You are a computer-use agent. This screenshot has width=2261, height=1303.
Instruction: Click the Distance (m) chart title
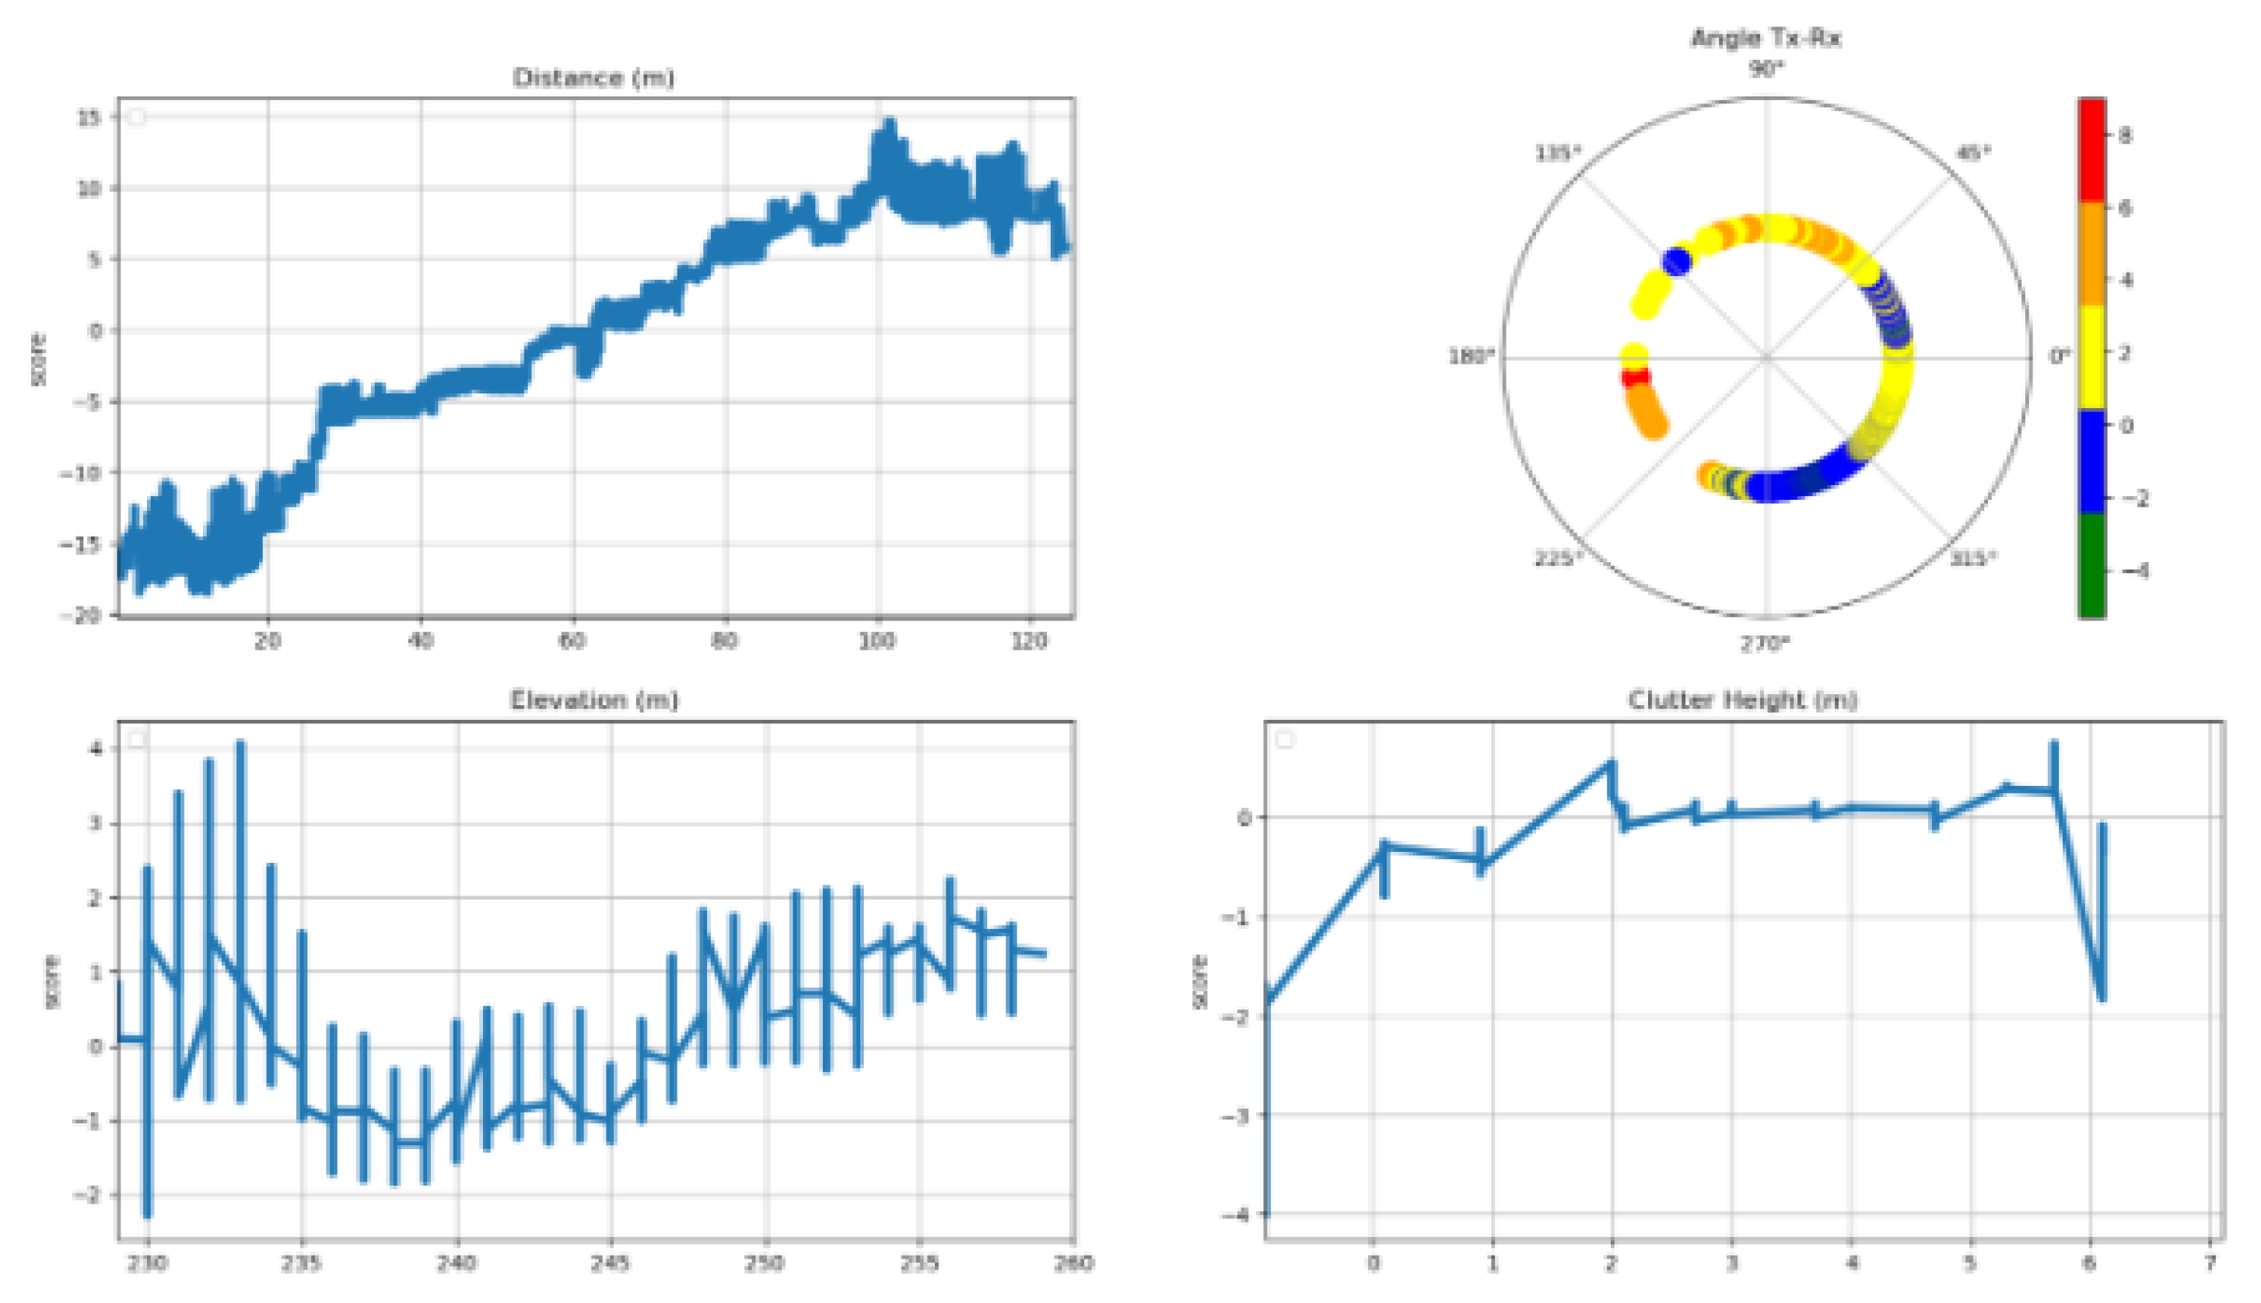(593, 78)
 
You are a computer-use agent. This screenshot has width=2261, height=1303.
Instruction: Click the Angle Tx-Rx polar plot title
(1765, 38)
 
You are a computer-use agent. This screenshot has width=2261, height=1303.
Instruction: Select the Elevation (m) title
(593, 700)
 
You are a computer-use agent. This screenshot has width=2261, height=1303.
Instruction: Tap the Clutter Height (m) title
(1742, 700)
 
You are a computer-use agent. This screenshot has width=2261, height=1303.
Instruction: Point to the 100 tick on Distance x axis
(877, 641)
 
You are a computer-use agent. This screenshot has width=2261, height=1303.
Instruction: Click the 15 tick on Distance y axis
(89, 117)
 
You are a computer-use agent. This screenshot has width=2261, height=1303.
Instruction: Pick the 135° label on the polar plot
(1557, 153)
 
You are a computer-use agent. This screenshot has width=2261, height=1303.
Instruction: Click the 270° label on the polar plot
(1765, 644)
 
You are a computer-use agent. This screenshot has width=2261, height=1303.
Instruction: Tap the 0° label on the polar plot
(2060, 356)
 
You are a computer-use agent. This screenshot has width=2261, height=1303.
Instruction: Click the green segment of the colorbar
(2091, 565)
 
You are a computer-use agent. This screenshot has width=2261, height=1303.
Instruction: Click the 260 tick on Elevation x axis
(1073, 1263)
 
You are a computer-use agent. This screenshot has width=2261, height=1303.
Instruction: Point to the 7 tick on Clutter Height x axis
(2210, 1263)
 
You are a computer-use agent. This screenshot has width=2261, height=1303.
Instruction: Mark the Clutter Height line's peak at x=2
(1609, 765)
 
